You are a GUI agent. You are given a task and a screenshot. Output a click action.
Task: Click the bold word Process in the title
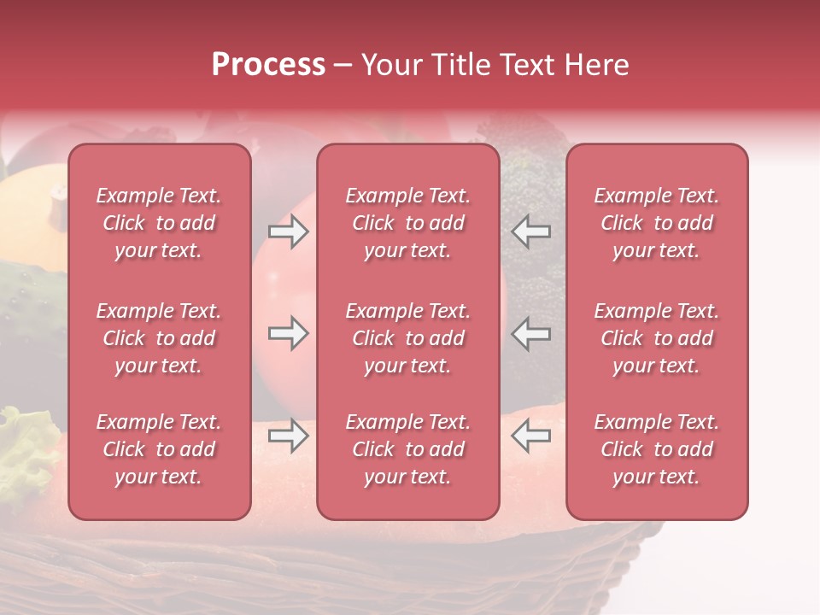[268, 65]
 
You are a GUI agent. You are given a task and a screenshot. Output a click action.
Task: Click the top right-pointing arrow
[288, 231]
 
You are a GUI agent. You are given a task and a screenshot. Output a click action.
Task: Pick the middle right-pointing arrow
[288, 334]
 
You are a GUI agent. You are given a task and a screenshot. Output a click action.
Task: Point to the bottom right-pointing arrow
[288, 436]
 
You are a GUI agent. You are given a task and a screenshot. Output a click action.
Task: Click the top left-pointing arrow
[530, 231]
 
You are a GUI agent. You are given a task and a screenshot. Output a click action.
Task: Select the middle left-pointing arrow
[530, 334]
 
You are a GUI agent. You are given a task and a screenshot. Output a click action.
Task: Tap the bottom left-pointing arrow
[530, 436]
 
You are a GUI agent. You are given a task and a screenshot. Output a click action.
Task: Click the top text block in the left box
[159, 223]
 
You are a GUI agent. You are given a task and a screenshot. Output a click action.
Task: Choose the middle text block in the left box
[159, 338]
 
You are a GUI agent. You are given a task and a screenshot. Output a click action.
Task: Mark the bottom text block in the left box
[159, 449]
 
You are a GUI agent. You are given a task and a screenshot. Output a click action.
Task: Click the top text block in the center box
[408, 223]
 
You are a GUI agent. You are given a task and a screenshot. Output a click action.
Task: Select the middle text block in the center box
[408, 338]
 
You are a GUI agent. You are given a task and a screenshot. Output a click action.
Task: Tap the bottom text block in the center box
[408, 449]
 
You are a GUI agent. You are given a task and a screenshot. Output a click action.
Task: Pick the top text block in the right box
[657, 223]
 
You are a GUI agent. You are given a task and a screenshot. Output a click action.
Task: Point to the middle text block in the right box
[657, 338]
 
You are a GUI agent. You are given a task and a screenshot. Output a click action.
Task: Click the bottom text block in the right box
[657, 449]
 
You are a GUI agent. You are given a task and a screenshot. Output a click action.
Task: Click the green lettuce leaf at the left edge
[26, 453]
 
